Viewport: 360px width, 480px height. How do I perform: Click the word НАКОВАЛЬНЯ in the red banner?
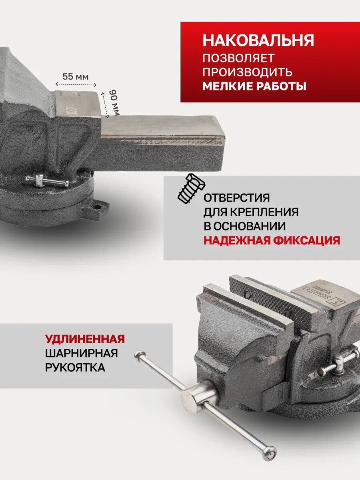pos(258,41)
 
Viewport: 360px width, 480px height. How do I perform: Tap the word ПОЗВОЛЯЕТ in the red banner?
pos(238,58)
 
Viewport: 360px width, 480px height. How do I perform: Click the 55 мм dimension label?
pos(76,76)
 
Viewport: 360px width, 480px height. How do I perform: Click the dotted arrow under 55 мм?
pos(76,85)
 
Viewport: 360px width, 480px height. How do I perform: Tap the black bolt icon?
pos(191,188)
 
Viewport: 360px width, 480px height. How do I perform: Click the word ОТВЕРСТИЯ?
pos(237,198)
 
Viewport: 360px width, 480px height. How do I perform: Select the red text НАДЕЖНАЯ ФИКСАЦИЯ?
pos(272,240)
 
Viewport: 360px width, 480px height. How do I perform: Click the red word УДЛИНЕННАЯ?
pos(85,339)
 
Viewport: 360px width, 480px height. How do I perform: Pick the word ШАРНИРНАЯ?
pos(81,354)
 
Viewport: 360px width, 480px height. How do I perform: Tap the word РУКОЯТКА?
pos(75,368)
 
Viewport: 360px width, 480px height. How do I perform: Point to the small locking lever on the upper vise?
pos(46,181)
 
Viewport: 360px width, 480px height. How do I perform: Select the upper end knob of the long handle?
pos(140,355)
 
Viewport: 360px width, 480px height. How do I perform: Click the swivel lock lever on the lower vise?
pos(339,362)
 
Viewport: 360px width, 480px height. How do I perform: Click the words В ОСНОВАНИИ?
pos(245,226)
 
